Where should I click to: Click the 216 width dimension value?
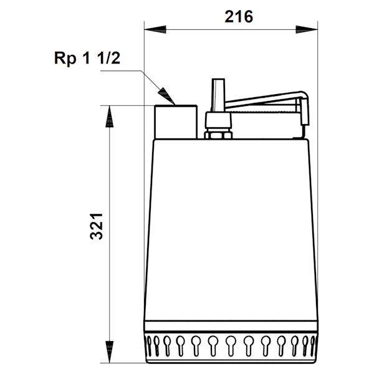(239, 17)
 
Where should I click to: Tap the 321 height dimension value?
(97, 226)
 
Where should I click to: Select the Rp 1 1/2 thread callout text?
(87, 58)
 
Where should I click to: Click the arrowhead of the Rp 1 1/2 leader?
(167, 96)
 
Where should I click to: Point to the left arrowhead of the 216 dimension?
(155, 29)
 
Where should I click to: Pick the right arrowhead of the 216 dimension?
(307, 29)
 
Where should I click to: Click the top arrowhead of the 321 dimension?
(110, 117)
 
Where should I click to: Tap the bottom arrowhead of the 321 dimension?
(110, 352)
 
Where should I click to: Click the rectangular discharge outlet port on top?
(176, 122)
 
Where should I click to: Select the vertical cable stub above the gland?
(218, 95)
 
